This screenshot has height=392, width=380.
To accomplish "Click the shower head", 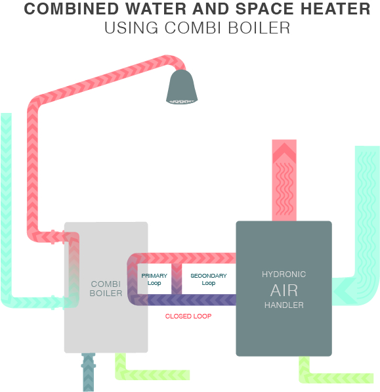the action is (182, 87).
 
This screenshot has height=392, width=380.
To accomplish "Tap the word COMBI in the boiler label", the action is (106, 284).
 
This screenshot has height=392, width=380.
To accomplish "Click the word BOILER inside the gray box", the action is (106, 293).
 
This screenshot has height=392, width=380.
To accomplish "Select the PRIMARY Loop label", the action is (154, 279).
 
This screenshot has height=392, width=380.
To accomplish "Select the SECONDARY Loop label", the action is (209, 279).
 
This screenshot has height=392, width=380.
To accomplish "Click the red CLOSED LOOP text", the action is (188, 316).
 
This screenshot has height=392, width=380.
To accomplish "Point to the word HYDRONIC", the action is (284, 274).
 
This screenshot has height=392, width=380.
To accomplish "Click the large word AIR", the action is (284, 290).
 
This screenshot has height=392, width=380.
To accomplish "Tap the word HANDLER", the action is (284, 305).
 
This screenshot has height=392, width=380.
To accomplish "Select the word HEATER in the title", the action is (335, 9).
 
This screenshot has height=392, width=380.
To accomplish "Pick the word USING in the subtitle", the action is (131, 28).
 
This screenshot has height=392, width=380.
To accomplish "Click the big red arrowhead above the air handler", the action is (284, 152).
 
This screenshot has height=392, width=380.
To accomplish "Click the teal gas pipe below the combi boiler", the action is (89, 372).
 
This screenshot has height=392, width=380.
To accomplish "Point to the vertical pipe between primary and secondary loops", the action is (177, 279).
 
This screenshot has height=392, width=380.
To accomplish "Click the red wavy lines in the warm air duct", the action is (284, 188).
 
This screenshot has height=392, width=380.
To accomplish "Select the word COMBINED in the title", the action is (72, 9).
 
